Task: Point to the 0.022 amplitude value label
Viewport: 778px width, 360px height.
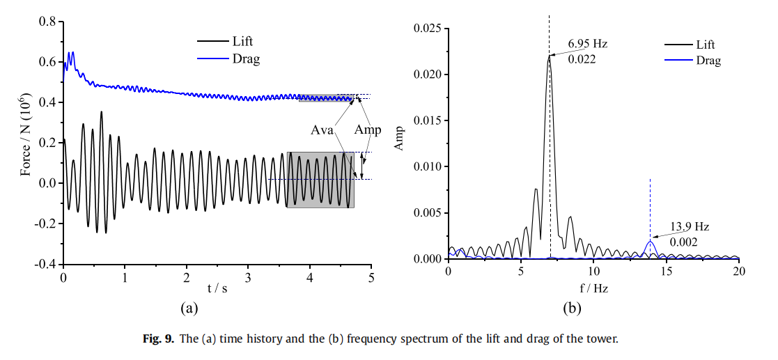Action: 582,59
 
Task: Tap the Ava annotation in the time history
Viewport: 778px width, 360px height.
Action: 322,130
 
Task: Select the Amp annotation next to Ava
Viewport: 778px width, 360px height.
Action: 368,130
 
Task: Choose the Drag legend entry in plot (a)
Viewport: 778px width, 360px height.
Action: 244,59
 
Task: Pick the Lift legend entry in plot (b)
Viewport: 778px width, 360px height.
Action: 705,45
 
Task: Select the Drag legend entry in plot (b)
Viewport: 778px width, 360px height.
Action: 708,61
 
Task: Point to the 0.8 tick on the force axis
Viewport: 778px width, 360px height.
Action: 47,22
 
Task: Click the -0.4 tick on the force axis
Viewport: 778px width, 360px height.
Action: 45,265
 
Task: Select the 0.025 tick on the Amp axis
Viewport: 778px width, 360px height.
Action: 427,29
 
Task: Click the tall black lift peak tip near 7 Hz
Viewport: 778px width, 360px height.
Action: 549,56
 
